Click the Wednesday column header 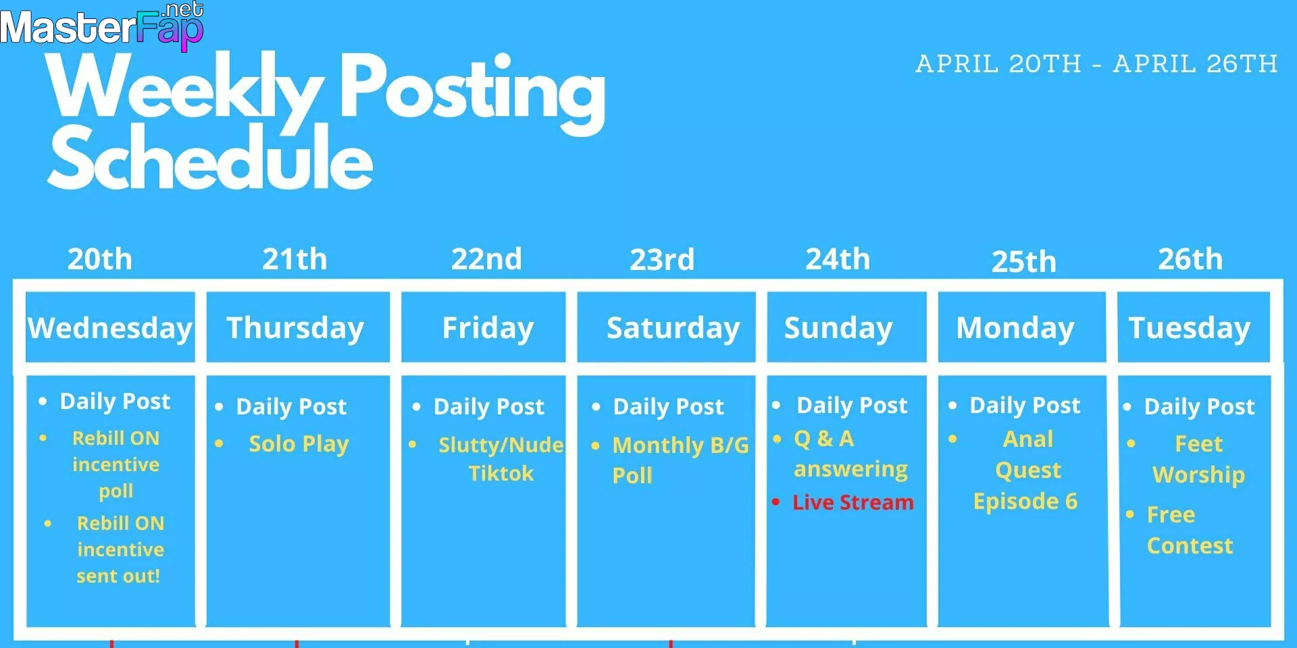coord(110,327)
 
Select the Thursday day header coord(298,327)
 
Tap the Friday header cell coord(484,327)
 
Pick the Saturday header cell coord(666,327)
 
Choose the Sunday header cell coord(846,327)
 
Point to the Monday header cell coord(1022,327)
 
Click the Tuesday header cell coord(1194,327)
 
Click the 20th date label coord(100,259)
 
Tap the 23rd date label coord(662,259)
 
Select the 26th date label coord(1190,259)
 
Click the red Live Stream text coord(853,502)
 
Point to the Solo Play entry coord(299,444)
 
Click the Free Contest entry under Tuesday coord(1190,530)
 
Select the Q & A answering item coord(850,454)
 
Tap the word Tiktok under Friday coord(501,473)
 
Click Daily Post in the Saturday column coord(668,406)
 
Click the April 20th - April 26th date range coord(1096,64)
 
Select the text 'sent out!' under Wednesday coord(118,576)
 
